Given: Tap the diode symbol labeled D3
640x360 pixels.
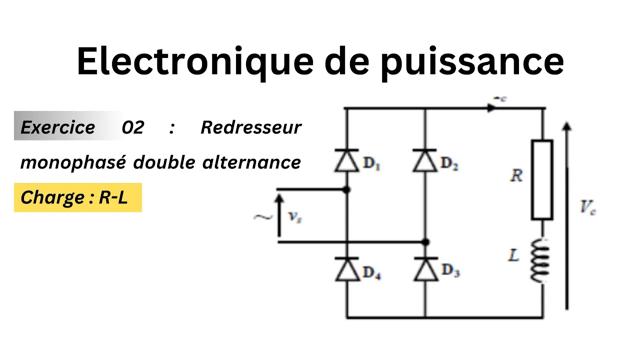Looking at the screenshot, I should pyautogui.click(x=425, y=269).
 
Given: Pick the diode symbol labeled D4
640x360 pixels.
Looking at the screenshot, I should pyautogui.click(x=347, y=270).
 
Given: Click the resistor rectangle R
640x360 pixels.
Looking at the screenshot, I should pyautogui.click(x=542, y=180).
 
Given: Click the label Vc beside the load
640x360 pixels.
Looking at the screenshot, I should pyautogui.click(x=587, y=207).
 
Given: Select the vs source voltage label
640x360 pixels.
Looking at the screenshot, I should pyautogui.click(x=295, y=216).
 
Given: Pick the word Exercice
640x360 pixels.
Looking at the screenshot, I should pyautogui.click(x=57, y=127).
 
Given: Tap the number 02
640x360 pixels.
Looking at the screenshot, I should pyautogui.click(x=132, y=127).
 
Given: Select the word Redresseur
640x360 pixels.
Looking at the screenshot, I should pyautogui.click(x=251, y=127).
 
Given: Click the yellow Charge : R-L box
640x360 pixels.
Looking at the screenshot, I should pyautogui.click(x=77, y=197).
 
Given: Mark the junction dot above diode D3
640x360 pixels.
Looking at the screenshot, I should pyautogui.click(x=425, y=242).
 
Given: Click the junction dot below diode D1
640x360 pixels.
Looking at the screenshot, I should pyautogui.click(x=347, y=189).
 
